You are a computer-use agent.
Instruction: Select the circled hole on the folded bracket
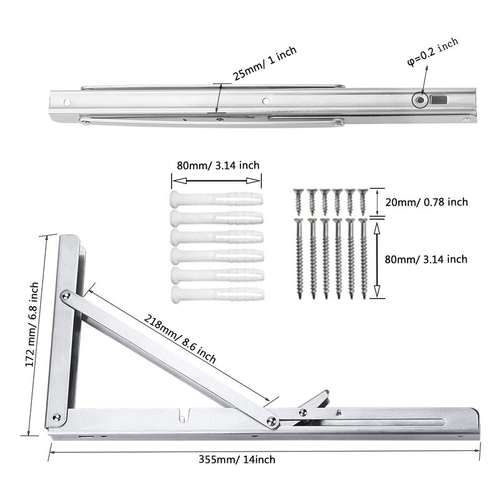coord(418,100)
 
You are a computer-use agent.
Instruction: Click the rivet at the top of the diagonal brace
coord(66,294)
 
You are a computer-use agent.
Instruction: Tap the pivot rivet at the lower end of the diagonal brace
coord(272,421)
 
